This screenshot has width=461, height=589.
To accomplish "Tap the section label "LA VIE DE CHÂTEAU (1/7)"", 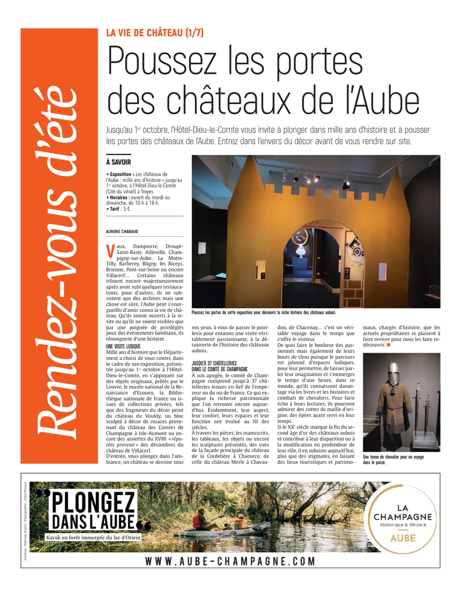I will coord(155,33).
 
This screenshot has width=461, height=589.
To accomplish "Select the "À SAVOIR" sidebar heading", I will coord(118,162).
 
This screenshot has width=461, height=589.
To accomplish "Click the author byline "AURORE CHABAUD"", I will coord(122,231).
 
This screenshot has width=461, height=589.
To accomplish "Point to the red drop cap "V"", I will coord(110,251).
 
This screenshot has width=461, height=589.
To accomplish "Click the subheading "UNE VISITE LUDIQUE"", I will coord(123,346).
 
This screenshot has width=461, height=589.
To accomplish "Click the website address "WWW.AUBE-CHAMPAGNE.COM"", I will coord(230,561).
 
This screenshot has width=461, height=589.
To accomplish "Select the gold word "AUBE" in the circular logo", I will coord(402,538).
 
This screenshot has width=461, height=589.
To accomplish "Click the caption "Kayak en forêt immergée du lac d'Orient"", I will coord(93,538).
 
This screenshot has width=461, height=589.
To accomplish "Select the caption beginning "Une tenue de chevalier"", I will coord(393,459).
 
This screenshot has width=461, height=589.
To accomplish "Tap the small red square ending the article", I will coord(389,345).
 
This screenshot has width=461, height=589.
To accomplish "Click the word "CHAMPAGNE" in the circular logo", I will coord(402,517).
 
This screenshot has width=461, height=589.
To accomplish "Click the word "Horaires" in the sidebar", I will coord(120,198).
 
